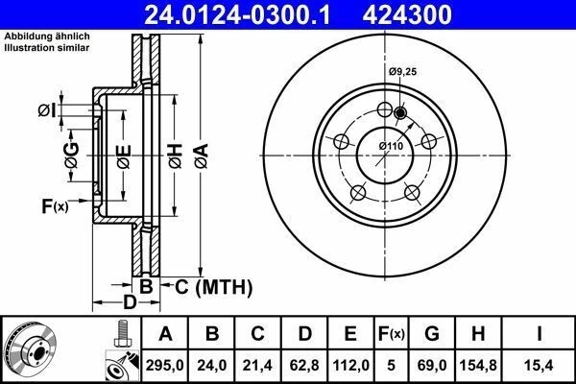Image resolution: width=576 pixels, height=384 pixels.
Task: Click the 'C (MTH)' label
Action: tap(212, 287)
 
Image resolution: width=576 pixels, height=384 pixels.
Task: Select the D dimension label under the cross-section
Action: tap(128, 304)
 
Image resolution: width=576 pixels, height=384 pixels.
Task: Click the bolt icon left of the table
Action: tap(120, 336)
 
